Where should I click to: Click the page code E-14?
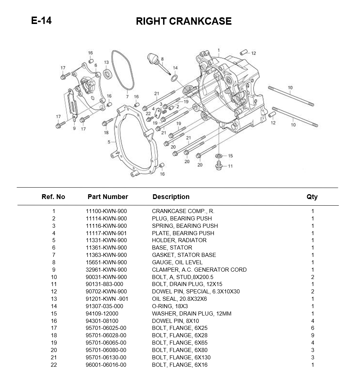41,21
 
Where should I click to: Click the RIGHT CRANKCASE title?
184,21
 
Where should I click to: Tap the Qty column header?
312,197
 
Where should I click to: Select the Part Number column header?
107,197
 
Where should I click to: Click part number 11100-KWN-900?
106,211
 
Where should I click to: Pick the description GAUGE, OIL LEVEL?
177,262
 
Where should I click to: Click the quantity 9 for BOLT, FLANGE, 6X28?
313,335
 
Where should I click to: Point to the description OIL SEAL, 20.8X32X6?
179,299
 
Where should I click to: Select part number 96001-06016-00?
106,365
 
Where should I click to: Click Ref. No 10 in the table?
54,277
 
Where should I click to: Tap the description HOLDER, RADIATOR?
179,240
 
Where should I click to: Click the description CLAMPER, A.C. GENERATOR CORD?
199,270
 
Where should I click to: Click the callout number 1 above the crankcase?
219,50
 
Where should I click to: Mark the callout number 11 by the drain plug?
230,166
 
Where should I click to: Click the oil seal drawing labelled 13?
108,74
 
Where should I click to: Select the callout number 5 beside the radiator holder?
109,142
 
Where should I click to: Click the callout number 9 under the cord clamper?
74,129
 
